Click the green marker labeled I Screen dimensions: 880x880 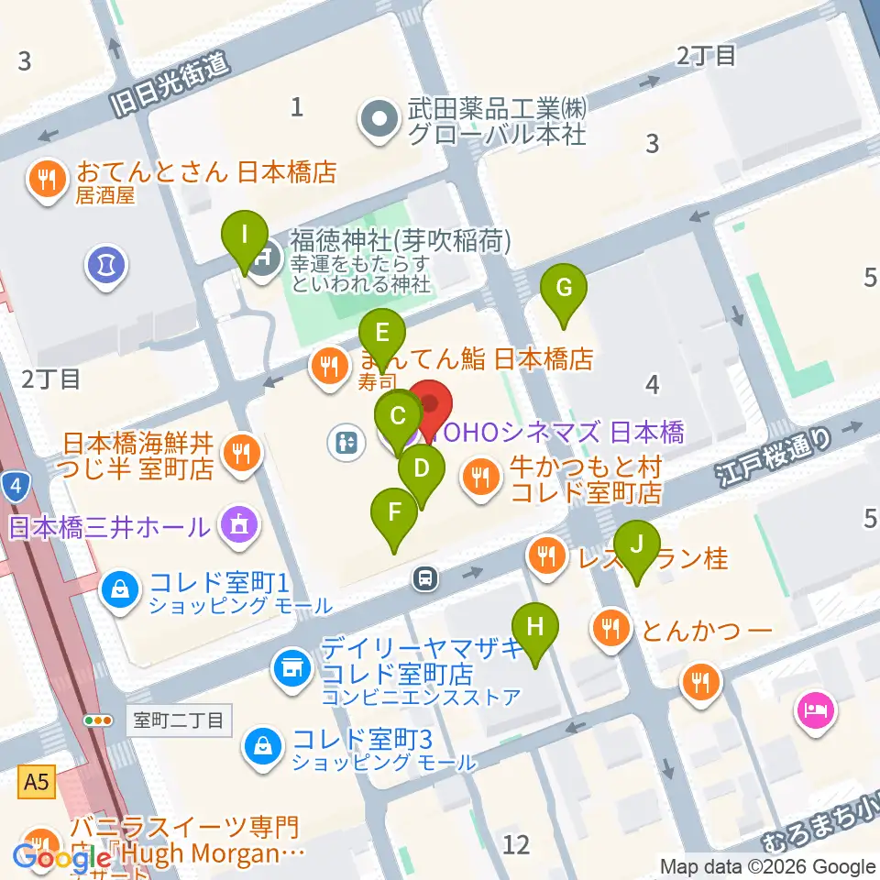[x=244, y=234]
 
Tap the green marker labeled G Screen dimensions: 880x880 [x=564, y=289]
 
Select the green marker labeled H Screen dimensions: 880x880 [x=537, y=628]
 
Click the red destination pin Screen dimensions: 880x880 [x=429, y=406]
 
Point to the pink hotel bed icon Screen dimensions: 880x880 [x=816, y=709]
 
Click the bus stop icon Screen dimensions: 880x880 [x=423, y=577]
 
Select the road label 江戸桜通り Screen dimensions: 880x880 [x=775, y=456]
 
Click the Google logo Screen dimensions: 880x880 [x=62, y=859]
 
